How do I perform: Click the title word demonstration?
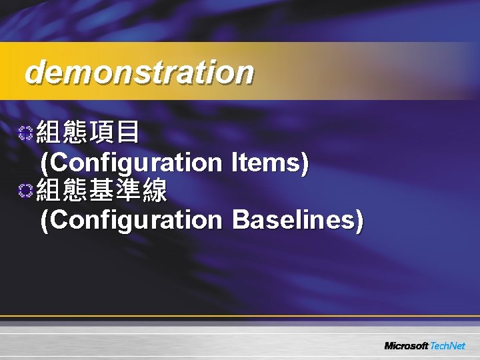tap(139, 73)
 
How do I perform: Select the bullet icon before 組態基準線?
tap(25, 191)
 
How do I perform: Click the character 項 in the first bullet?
tap(101, 133)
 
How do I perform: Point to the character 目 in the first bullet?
tap(127, 133)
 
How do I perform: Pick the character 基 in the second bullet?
tap(101, 191)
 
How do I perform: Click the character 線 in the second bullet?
tap(153, 191)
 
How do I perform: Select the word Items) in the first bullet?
tap(270, 162)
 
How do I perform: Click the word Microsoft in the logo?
tap(406, 346)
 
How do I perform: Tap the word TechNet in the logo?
tap(447, 346)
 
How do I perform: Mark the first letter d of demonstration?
tap(31, 72)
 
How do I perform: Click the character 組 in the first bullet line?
tap(48, 133)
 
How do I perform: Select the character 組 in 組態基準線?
tap(48, 191)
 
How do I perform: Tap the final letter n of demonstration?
tap(245, 73)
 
